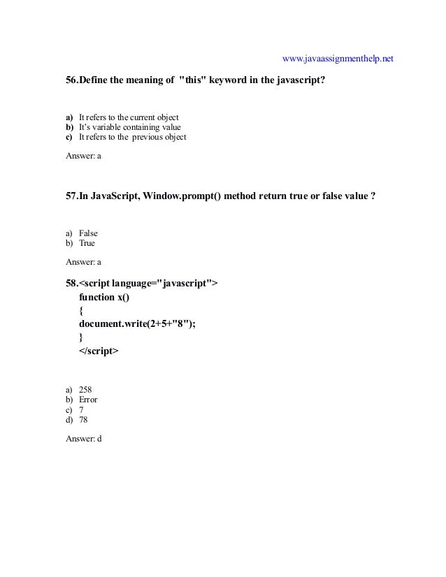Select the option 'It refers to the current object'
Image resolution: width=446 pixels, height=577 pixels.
(x=129, y=116)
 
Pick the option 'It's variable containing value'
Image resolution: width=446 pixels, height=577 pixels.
(x=129, y=126)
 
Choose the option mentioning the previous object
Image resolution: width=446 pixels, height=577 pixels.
(x=132, y=137)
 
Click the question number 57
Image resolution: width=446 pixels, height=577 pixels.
(x=71, y=196)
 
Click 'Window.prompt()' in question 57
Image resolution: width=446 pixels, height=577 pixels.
(x=184, y=196)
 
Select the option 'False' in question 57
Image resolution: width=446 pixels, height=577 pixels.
(x=88, y=233)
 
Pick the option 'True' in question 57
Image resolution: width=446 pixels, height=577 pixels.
(x=87, y=243)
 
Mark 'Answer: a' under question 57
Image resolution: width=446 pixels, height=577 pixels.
(x=83, y=263)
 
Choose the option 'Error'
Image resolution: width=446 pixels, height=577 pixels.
(x=88, y=400)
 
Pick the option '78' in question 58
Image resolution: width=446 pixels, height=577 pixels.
(x=83, y=421)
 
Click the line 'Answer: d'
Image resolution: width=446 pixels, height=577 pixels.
(x=83, y=440)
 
